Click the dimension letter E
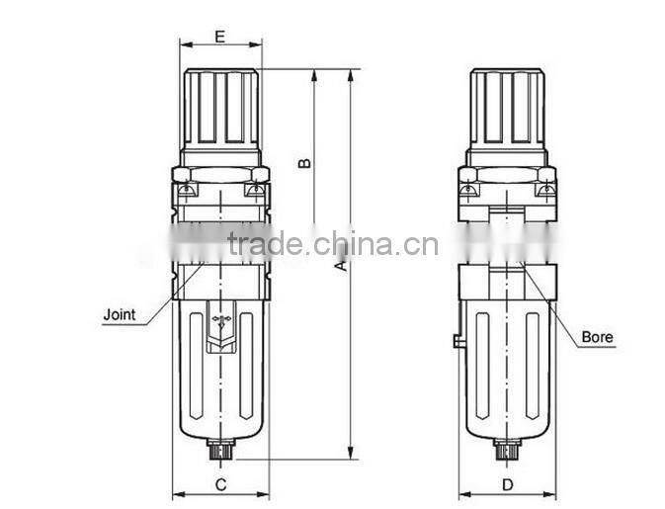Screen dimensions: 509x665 (219, 37)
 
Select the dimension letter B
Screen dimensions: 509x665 (305, 160)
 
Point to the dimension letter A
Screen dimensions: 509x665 (340, 266)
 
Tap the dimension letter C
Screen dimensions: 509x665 (221, 484)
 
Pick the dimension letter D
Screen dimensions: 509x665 (507, 484)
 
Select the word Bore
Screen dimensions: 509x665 (597, 337)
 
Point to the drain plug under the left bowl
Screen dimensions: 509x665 (220, 452)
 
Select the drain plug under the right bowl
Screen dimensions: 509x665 (507, 452)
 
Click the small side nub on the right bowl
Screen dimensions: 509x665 (457, 342)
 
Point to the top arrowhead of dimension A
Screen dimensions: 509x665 (352, 75)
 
